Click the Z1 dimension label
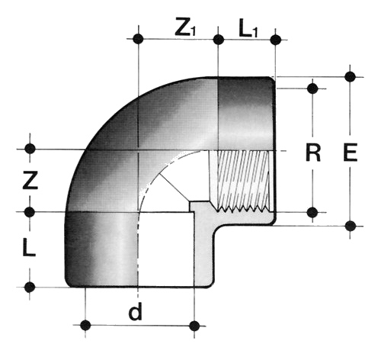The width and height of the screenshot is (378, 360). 186,26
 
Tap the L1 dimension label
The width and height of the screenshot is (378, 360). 248,27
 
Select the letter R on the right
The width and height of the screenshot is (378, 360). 313,153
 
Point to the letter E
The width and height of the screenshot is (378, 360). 351,153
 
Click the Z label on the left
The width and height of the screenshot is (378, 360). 30,180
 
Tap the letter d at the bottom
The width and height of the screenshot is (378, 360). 135,312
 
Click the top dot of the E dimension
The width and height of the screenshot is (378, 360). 351,76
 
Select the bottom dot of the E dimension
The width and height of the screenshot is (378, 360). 351,226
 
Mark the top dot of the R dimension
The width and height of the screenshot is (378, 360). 312,88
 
